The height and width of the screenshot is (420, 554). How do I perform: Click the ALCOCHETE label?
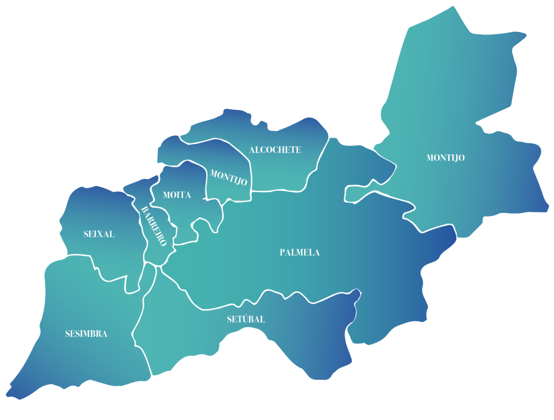point(275,150)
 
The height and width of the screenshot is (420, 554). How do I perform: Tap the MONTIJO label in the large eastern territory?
point(446,158)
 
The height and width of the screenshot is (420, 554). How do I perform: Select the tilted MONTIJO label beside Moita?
point(229,177)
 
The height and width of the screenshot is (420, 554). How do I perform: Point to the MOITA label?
point(177,195)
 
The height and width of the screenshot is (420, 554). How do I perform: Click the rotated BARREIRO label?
point(153,226)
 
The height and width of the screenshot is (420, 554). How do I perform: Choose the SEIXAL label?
point(99,234)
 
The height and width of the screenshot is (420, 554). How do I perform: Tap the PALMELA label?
point(300,252)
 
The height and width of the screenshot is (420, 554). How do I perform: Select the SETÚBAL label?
point(246,319)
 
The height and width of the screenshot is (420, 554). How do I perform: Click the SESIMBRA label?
point(86,334)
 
